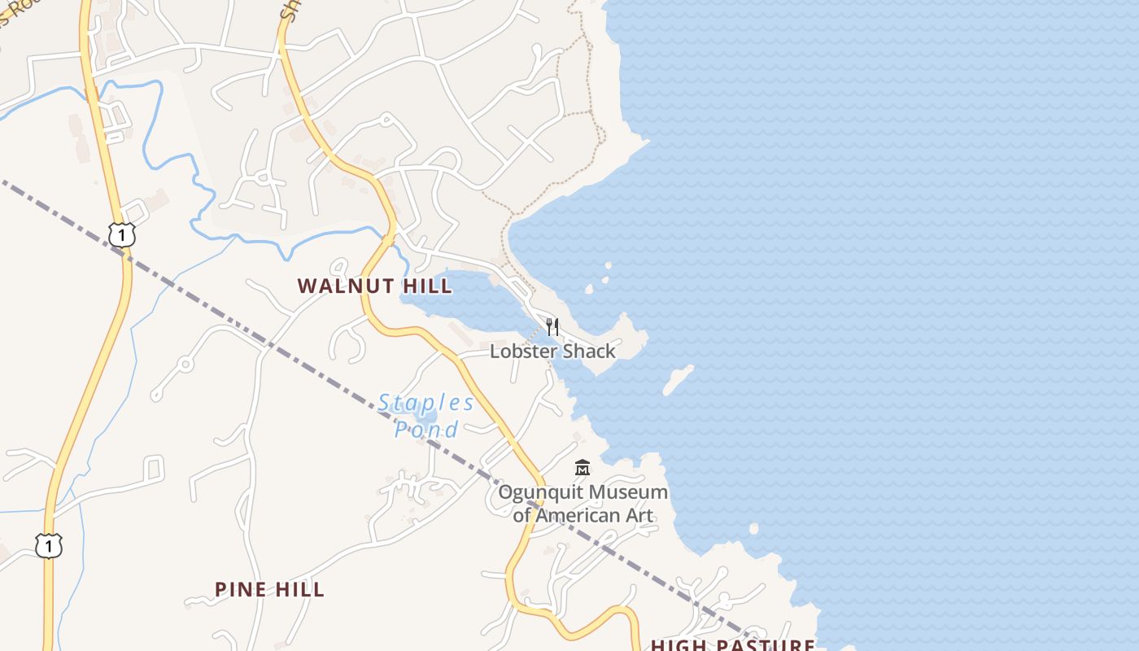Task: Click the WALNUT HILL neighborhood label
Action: click(374, 286)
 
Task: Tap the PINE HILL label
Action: click(269, 589)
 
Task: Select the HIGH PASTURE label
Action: click(732, 644)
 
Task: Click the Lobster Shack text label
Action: click(552, 352)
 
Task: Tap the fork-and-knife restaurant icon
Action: click(552, 327)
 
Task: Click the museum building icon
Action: click(583, 468)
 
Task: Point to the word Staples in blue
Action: click(426, 403)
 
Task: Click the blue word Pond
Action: click(426, 429)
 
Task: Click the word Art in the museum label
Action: click(640, 515)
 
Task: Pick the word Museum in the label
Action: click(628, 492)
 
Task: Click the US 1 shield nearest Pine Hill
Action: click(49, 546)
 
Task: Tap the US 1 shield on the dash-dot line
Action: click(121, 235)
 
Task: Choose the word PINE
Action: click(240, 589)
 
